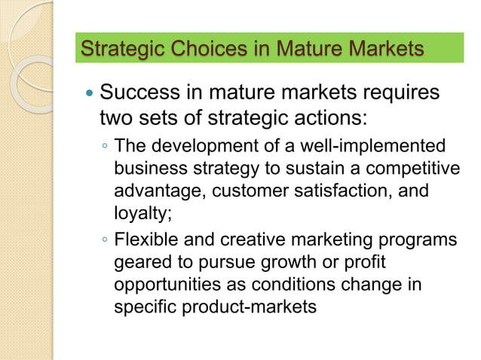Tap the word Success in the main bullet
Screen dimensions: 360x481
(141, 95)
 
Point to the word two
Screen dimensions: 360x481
(117, 119)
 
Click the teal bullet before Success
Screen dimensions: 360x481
(88, 96)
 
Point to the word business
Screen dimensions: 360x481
(148, 168)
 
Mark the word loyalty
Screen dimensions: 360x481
(142, 213)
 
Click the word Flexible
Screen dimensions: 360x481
(144, 240)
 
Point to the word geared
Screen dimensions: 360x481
(140, 264)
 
